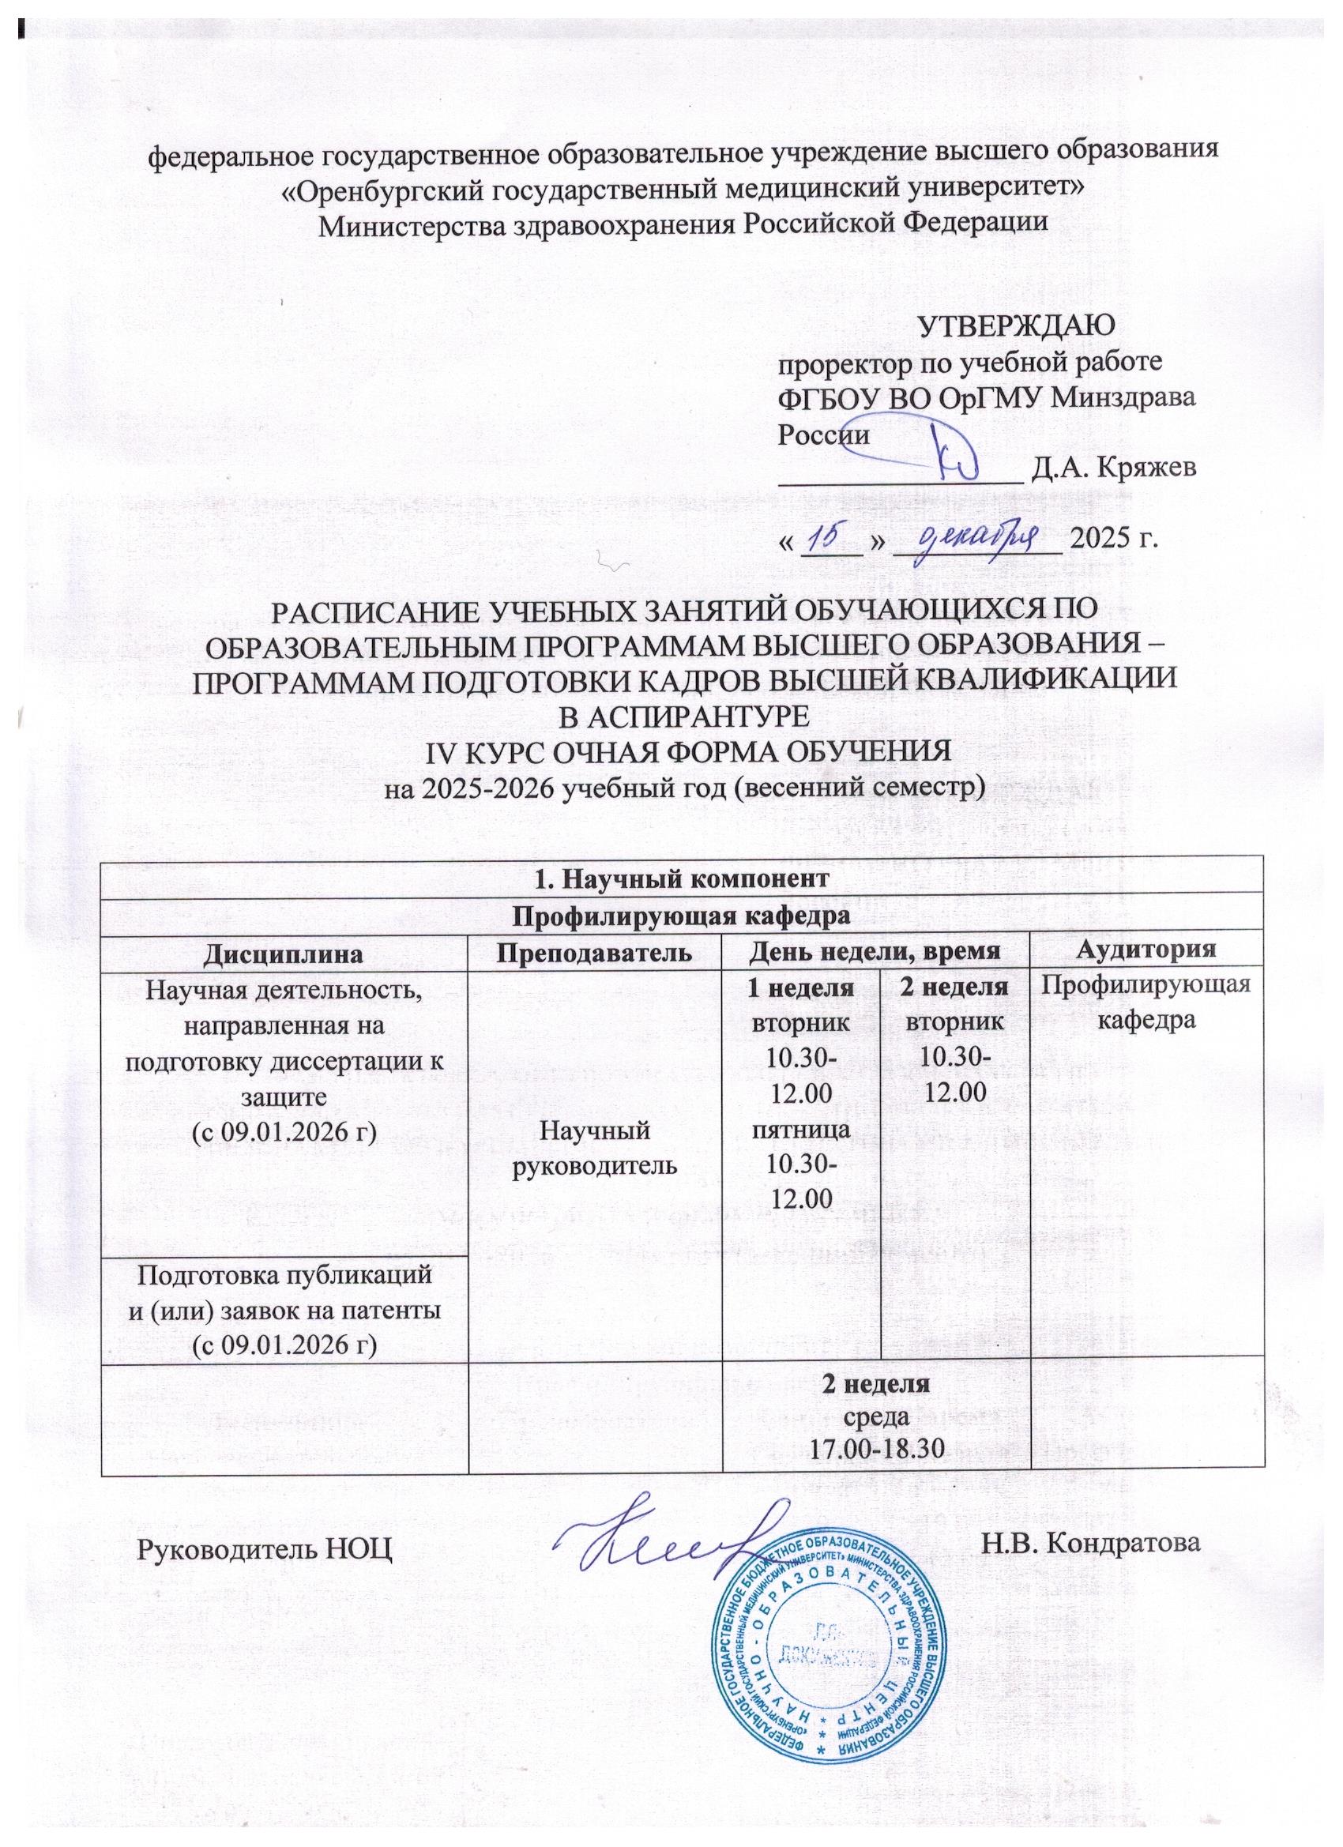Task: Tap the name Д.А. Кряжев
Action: (x=1113, y=468)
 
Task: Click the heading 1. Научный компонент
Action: (x=683, y=878)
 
